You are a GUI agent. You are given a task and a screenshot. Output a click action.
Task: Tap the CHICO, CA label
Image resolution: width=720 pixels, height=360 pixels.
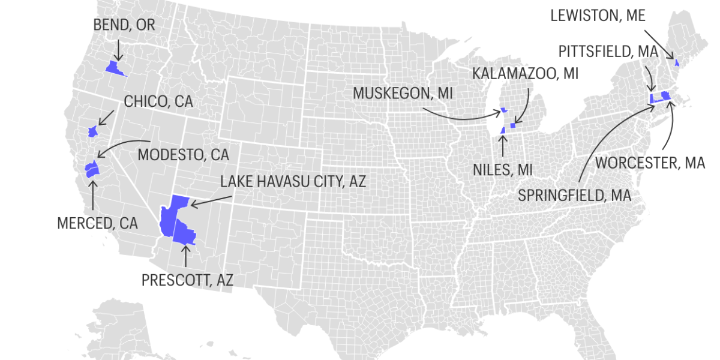(x=158, y=101)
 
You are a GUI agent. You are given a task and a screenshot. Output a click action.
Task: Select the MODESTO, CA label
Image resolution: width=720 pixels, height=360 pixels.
(x=183, y=154)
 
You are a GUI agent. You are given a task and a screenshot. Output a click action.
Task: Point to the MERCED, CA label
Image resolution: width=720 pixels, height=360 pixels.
(x=97, y=223)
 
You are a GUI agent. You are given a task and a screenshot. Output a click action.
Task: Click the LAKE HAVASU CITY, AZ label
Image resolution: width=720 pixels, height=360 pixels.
(x=293, y=181)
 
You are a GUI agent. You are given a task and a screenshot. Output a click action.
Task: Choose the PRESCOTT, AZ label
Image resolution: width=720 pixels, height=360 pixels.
(x=187, y=280)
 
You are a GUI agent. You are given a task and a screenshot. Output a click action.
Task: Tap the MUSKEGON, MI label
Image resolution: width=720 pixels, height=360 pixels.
(x=403, y=93)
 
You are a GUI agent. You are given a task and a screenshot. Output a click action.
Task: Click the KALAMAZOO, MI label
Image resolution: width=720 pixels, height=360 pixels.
(x=525, y=73)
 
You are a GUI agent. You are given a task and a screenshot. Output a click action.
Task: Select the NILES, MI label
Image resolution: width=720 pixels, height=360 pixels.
(x=503, y=170)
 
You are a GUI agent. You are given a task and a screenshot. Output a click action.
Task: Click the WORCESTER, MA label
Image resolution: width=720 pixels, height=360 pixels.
(x=650, y=163)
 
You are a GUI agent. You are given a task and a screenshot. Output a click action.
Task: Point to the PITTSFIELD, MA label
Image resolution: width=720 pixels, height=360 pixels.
(x=608, y=51)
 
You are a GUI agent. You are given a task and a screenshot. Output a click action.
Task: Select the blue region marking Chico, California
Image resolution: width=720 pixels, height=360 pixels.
(x=92, y=131)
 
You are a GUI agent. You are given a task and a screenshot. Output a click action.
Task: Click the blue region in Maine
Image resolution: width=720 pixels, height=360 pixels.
(x=677, y=62)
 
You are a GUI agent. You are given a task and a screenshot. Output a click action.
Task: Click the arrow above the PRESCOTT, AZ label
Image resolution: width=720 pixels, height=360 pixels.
(x=185, y=256)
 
